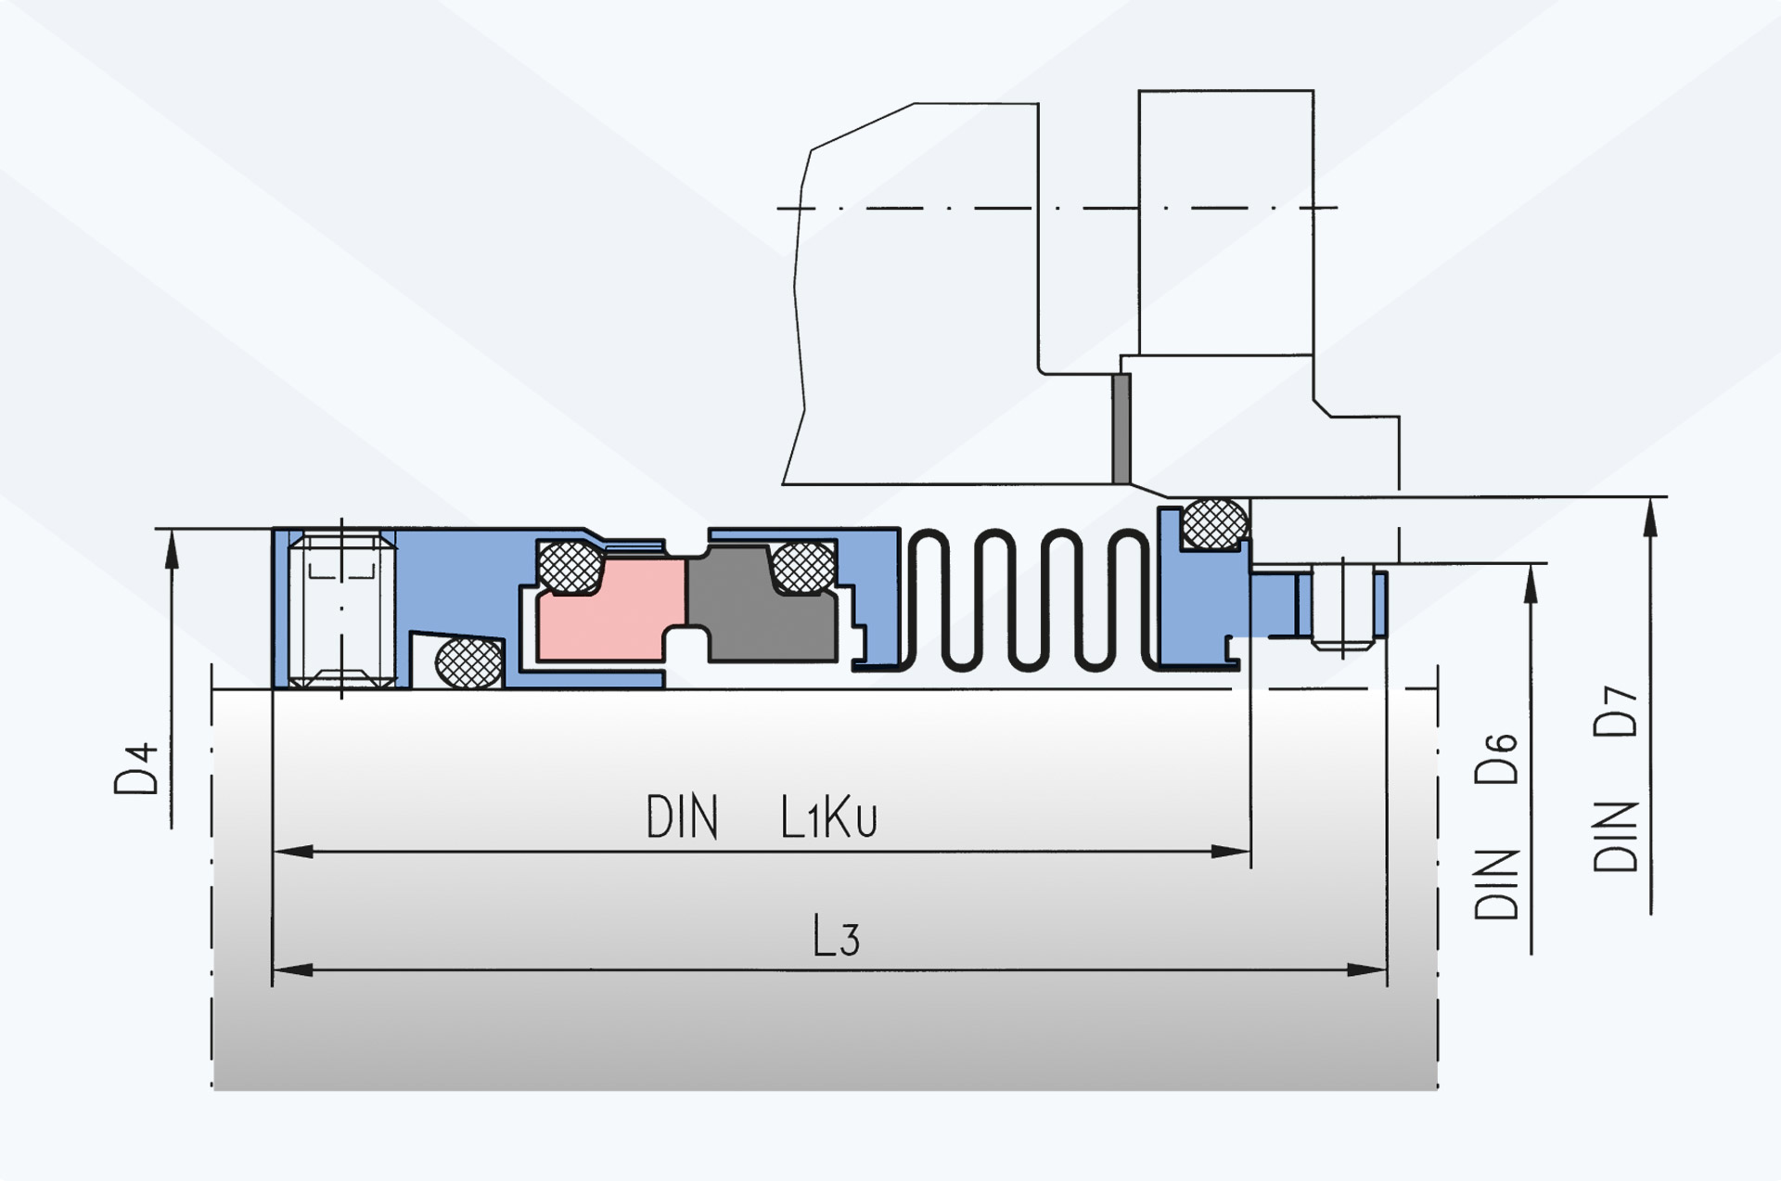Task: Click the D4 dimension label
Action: tap(136, 769)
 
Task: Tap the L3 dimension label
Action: tap(837, 936)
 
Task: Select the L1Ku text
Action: tap(828, 817)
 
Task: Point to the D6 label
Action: tap(1495, 758)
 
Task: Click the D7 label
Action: tap(1615, 712)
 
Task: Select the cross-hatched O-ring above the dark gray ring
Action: tap(803, 567)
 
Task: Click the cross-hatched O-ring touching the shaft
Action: tap(469, 662)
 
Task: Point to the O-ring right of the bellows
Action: tap(1215, 523)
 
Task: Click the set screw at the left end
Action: tap(342, 610)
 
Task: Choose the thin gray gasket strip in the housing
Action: tap(1121, 429)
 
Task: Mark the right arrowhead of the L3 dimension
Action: tap(1367, 970)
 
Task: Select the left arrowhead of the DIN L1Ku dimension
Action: tap(293, 851)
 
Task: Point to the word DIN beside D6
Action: tap(1495, 883)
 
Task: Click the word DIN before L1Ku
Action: tap(682, 817)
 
